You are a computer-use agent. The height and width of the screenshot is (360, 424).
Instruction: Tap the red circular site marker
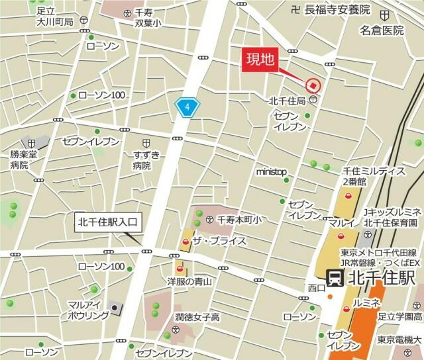pos(312,85)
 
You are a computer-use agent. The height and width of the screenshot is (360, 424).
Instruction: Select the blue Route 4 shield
pos(187,107)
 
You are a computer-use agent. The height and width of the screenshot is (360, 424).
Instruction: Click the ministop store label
pos(272,172)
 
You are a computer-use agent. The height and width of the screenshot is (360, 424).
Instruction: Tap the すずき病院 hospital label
pos(146,161)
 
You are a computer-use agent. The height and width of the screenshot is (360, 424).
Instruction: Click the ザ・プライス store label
pos(219,242)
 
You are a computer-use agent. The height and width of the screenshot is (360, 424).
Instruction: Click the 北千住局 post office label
pos(287,101)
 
